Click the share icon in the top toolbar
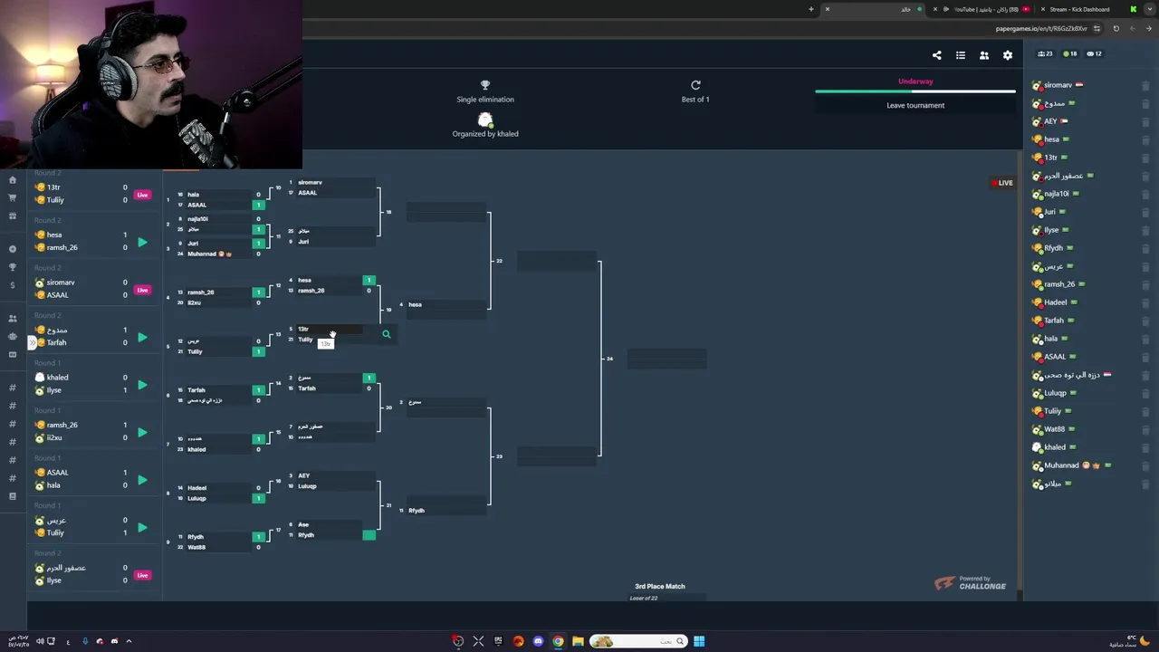(937, 55)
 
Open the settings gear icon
(1008, 55)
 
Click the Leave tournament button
(915, 105)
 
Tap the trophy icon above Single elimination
(485, 85)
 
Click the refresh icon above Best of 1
(695, 85)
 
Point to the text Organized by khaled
(485, 134)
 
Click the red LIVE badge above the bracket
(1002, 183)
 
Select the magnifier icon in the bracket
(386, 335)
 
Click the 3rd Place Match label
(660, 587)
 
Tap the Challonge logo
(970, 584)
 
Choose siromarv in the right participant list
(1058, 85)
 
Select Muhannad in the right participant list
(1061, 465)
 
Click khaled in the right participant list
(1055, 447)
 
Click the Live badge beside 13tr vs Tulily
(142, 195)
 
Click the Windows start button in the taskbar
(699, 641)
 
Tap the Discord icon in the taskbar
(538, 641)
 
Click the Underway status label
(915, 81)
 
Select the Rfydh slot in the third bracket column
(417, 511)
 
